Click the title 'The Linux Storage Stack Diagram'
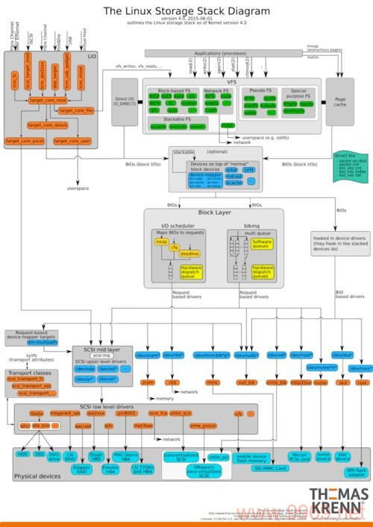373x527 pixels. tap(186, 11)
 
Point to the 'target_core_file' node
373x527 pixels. tap(75, 110)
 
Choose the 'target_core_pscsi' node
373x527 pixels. tap(25, 140)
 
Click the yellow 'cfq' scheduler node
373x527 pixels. tap(175, 247)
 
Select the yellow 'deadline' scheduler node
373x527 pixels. tap(189, 254)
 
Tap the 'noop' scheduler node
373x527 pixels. tap(161, 242)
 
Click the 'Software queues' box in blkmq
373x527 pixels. tap(263, 244)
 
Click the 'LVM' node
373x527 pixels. tap(249, 170)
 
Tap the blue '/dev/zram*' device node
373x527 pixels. tap(148, 355)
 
